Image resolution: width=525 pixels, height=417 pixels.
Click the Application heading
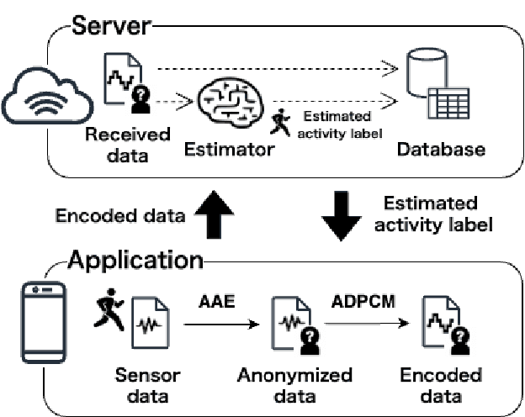click(135, 258)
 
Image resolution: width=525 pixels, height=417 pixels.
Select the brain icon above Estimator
click(228, 104)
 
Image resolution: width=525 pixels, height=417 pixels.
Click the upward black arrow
click(214, 214)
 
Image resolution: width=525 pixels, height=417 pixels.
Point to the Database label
click(441, 150)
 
